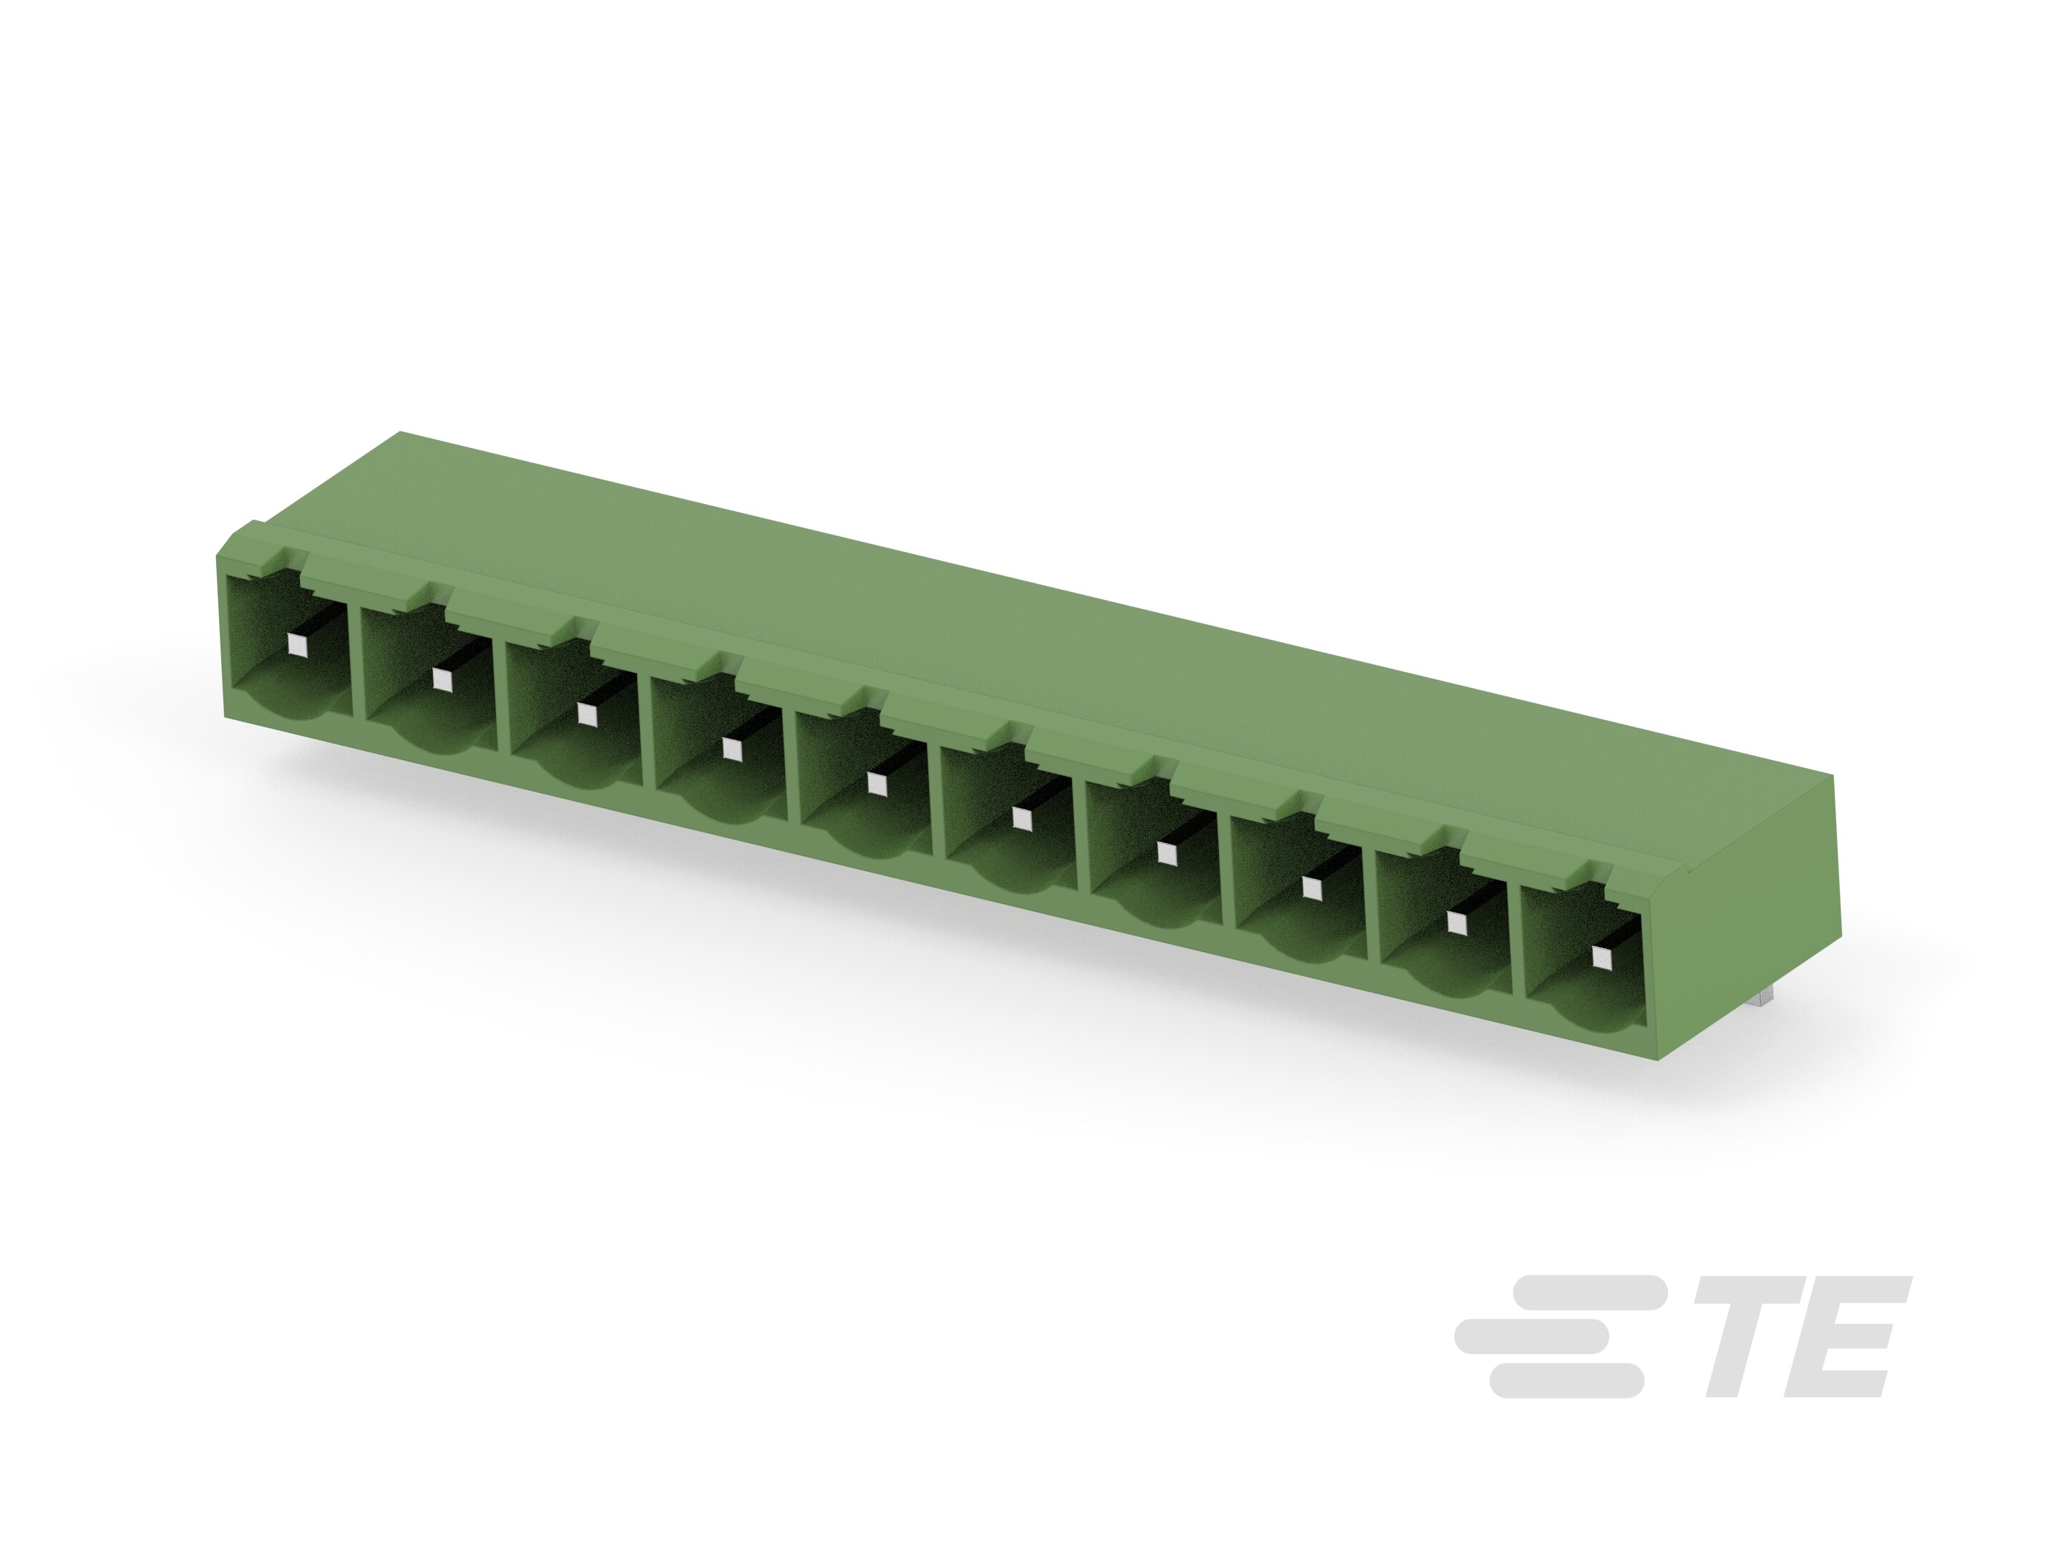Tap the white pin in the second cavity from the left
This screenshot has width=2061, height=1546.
442,679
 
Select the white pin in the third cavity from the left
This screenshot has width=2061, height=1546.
586,714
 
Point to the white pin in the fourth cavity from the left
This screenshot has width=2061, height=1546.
731,749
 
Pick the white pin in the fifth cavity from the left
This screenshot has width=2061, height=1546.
876,784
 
